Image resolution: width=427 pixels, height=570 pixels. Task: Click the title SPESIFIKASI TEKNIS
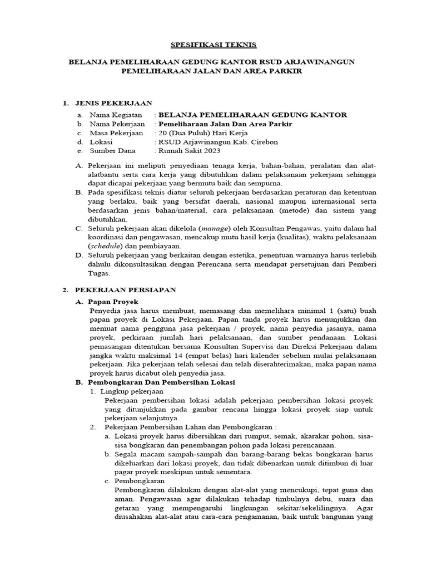point(214,45)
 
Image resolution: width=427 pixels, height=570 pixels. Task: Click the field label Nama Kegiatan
point(115,115)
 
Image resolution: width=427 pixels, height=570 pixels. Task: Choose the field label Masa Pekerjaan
point(116,133)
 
